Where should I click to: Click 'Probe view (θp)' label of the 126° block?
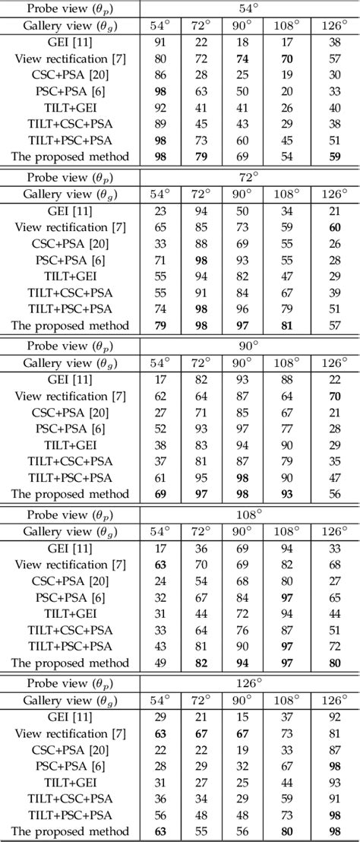pos(70,683)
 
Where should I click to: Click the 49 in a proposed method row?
pos(160,663)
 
